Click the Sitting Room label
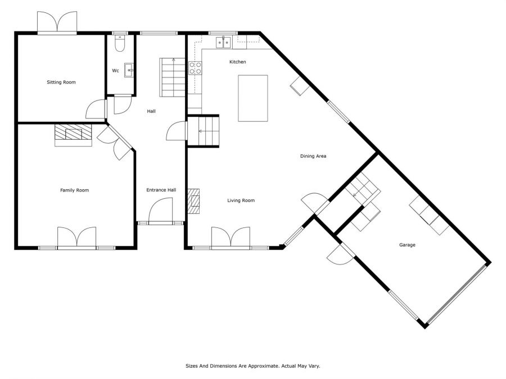61,82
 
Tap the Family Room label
75,190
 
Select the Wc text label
115,71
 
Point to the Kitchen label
237,62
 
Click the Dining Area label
313,156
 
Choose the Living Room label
241,200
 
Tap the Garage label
407,245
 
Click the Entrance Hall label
161,190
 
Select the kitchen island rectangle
253,98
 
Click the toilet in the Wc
120,43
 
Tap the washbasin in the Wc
129,70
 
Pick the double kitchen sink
223,43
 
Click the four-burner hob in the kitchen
195,68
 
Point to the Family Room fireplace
73,135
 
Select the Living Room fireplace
194,202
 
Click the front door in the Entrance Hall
161,211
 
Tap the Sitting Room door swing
96,109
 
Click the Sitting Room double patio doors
57,22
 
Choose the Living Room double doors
231,238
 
